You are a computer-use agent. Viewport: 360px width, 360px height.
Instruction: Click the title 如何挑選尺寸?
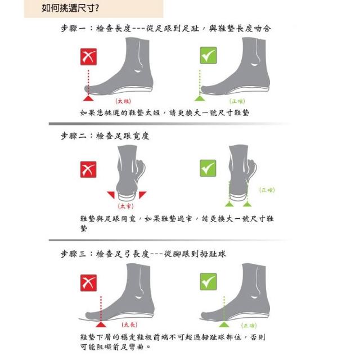[x=70, y=8]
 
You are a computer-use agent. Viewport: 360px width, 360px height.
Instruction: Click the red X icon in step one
[x=88, y=57]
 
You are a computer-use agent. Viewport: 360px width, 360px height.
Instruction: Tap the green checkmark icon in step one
[x=208, y=55]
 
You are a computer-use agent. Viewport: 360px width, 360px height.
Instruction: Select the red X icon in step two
[x=88, y=169]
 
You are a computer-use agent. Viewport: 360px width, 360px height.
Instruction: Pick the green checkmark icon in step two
[x=208, y=168]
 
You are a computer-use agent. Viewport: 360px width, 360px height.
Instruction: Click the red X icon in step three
[x=88, y=283]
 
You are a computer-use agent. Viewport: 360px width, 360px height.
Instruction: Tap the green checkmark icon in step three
[x=208, y=281]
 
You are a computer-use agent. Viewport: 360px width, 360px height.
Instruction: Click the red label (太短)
[x=123, y=101]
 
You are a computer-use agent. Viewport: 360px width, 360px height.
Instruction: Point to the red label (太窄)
[x=125, y=206]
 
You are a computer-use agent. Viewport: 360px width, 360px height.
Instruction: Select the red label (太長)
[x=129, y=325]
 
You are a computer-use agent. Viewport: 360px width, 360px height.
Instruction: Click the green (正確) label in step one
[x=237, y=101]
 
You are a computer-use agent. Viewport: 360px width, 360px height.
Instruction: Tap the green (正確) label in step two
[x=267, y=190]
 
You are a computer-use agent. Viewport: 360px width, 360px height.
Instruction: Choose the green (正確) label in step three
[x=249, y=325]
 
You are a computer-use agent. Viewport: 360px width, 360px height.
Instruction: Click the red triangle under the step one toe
[x=88, y=98]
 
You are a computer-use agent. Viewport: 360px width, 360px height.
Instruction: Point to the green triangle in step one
[x=200, y=98]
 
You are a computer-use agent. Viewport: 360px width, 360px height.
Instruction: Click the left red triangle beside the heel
[x=112, y=194]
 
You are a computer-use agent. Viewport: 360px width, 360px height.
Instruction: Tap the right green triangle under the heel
[x=247, y=204]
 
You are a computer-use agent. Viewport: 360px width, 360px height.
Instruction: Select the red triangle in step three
[x=101, y=324]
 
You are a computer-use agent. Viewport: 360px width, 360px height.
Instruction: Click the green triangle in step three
[x=224, y=324]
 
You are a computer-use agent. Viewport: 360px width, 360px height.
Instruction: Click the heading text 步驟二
[x=74, y=136]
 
